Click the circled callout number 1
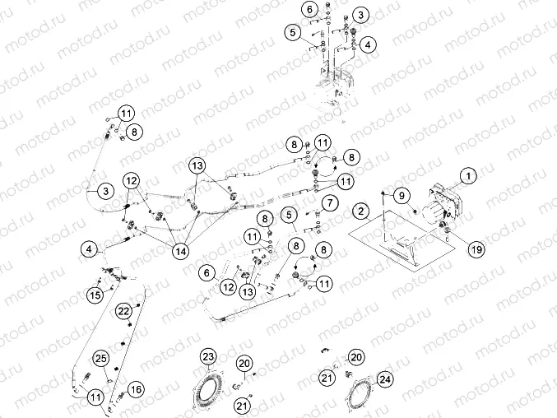tap(468, 175)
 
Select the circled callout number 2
tap(360, 211)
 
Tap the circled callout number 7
tap(329, 202)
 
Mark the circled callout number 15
tap(95, 294)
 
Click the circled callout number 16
tap(135, 389)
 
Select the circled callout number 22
tap(123, 311)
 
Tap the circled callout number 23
tap(209, 356)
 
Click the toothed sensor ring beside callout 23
tap(215, 386)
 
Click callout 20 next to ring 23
tap(244, 363)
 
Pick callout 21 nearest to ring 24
tap(327, 377)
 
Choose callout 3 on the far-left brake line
tap(105, 190)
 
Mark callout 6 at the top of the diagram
tap(309, 10)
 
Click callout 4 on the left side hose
tap(90, 247)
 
